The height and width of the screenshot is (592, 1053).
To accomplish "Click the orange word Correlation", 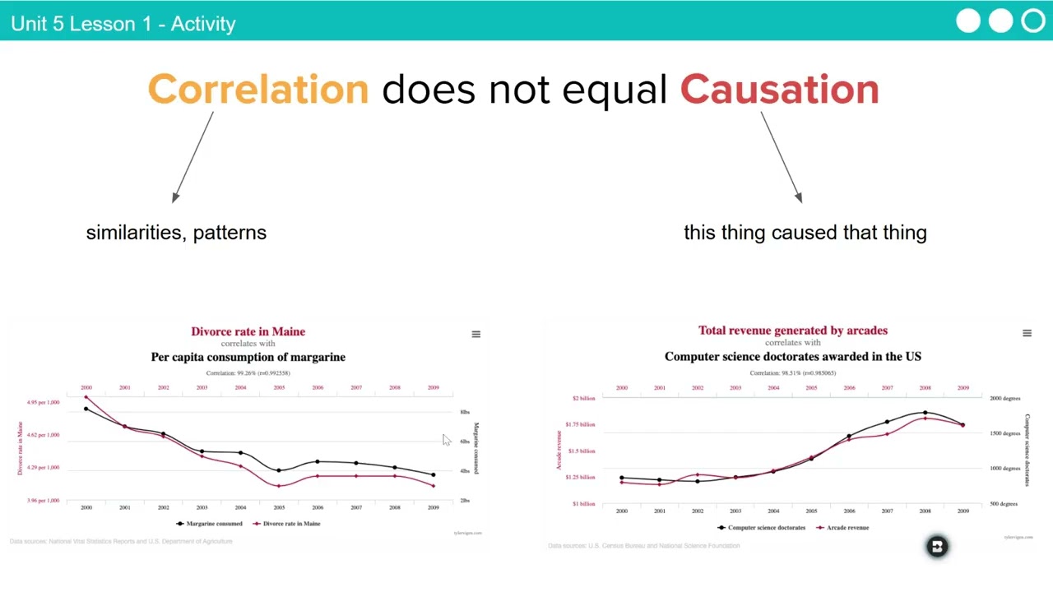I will (257, 89).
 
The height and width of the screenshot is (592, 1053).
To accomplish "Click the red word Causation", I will (779, 89).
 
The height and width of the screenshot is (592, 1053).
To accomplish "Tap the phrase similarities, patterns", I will (176, 233).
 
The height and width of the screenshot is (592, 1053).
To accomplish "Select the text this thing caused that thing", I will (805, 233).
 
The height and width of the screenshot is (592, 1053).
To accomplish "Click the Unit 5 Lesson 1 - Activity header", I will (123, 23).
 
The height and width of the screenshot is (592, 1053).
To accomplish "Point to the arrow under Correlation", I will (193, 156).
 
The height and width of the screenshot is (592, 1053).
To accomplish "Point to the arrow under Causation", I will (781, 156).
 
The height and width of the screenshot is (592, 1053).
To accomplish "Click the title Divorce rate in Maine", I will (248, 331).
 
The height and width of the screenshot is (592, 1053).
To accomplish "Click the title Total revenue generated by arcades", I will (793, 331).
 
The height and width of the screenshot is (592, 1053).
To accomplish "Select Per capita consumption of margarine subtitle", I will (248, 357).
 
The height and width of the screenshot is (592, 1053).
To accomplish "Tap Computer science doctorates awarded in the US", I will (793, 356).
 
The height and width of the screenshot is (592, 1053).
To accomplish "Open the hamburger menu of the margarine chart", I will (475, 334).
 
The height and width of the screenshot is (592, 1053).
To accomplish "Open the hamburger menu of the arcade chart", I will (1027, 333).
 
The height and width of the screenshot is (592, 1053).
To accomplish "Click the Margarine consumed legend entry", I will (210, 524).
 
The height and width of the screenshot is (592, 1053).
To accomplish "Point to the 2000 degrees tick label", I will (1004, 399).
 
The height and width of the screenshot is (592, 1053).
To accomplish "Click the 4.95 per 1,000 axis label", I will (43, 403).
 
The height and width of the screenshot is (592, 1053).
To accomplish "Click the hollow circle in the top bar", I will (1032, 21).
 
